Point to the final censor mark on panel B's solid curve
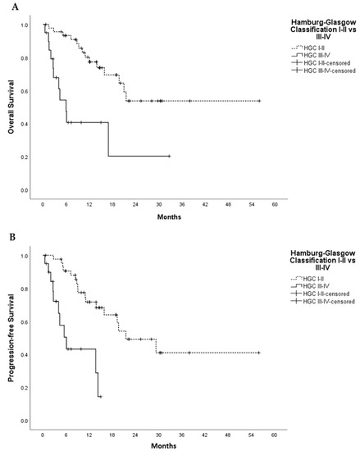(x=100, y=397)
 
